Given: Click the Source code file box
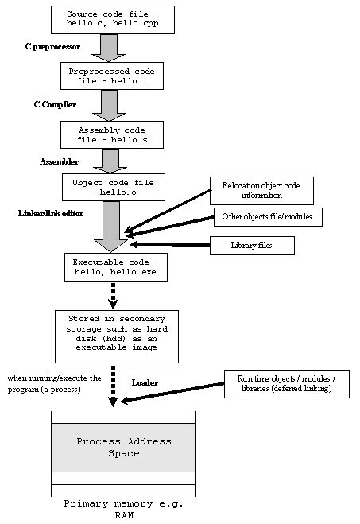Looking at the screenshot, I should [112, 20].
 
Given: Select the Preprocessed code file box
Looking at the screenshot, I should [112, 76].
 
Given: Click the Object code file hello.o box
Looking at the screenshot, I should [112, 187].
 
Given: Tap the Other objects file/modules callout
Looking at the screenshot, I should [268, 217].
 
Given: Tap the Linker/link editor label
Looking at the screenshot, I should [51, 214].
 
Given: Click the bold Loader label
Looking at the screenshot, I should [144, 383].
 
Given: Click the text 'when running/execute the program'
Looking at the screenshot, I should [54, 383].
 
